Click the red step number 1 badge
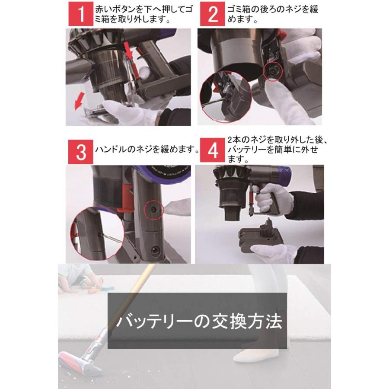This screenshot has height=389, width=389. click(81, 14)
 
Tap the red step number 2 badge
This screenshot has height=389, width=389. click(213, 14)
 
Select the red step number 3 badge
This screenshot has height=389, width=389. click(81, 152)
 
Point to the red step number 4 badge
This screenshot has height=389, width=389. click(213, 151)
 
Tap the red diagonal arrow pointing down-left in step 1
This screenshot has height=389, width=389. click(80, 101)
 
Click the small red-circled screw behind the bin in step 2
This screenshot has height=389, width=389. click(272, 71)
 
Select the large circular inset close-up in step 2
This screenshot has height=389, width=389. click(226, 97)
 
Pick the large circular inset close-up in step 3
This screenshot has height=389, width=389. click(97, 233)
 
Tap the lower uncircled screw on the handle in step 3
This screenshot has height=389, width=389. click(154, 249)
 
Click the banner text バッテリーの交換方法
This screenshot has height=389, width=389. click(199, 322)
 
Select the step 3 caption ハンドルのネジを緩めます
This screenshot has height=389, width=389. click(147, 150)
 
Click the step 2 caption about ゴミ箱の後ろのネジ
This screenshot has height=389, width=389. click(272, 14)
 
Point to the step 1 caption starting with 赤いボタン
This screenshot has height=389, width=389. click(143, 14)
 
